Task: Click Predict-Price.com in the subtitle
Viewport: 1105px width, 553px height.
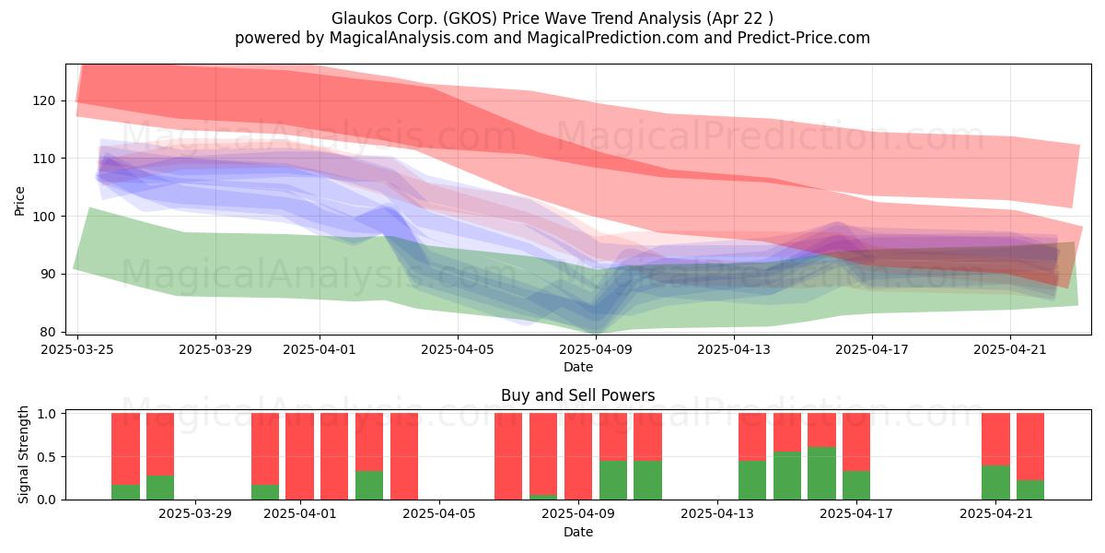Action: point(804,38)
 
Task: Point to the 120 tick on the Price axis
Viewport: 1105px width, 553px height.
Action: point(44,100)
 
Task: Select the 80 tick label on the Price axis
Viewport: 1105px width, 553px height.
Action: point(49,332)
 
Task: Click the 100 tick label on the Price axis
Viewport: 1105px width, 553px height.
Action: point(44,217)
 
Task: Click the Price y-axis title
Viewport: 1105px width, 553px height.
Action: point(19,201)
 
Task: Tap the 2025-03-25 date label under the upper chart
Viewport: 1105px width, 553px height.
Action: point(77,349)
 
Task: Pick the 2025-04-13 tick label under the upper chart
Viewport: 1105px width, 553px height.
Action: point(734,349)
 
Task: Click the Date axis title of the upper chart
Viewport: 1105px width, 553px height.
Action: point(578,367)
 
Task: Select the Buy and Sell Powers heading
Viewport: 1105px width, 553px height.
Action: point(578,395)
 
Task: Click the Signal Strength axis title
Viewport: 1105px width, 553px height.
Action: point(23,454)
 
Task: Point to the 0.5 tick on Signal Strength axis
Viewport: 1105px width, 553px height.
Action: point(48,457)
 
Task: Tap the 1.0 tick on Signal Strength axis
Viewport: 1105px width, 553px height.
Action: point(48,413)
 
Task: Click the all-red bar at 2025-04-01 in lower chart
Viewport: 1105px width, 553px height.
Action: point(299,456)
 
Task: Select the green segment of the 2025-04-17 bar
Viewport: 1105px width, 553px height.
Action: point(855,486)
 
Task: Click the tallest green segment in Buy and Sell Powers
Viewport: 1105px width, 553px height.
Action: point(821,474)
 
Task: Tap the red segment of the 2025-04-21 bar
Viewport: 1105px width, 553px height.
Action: point(995,440)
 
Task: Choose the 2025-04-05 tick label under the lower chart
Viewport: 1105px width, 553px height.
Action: point(439,514)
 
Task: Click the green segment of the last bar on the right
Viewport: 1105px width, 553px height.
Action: point(1030,489)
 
